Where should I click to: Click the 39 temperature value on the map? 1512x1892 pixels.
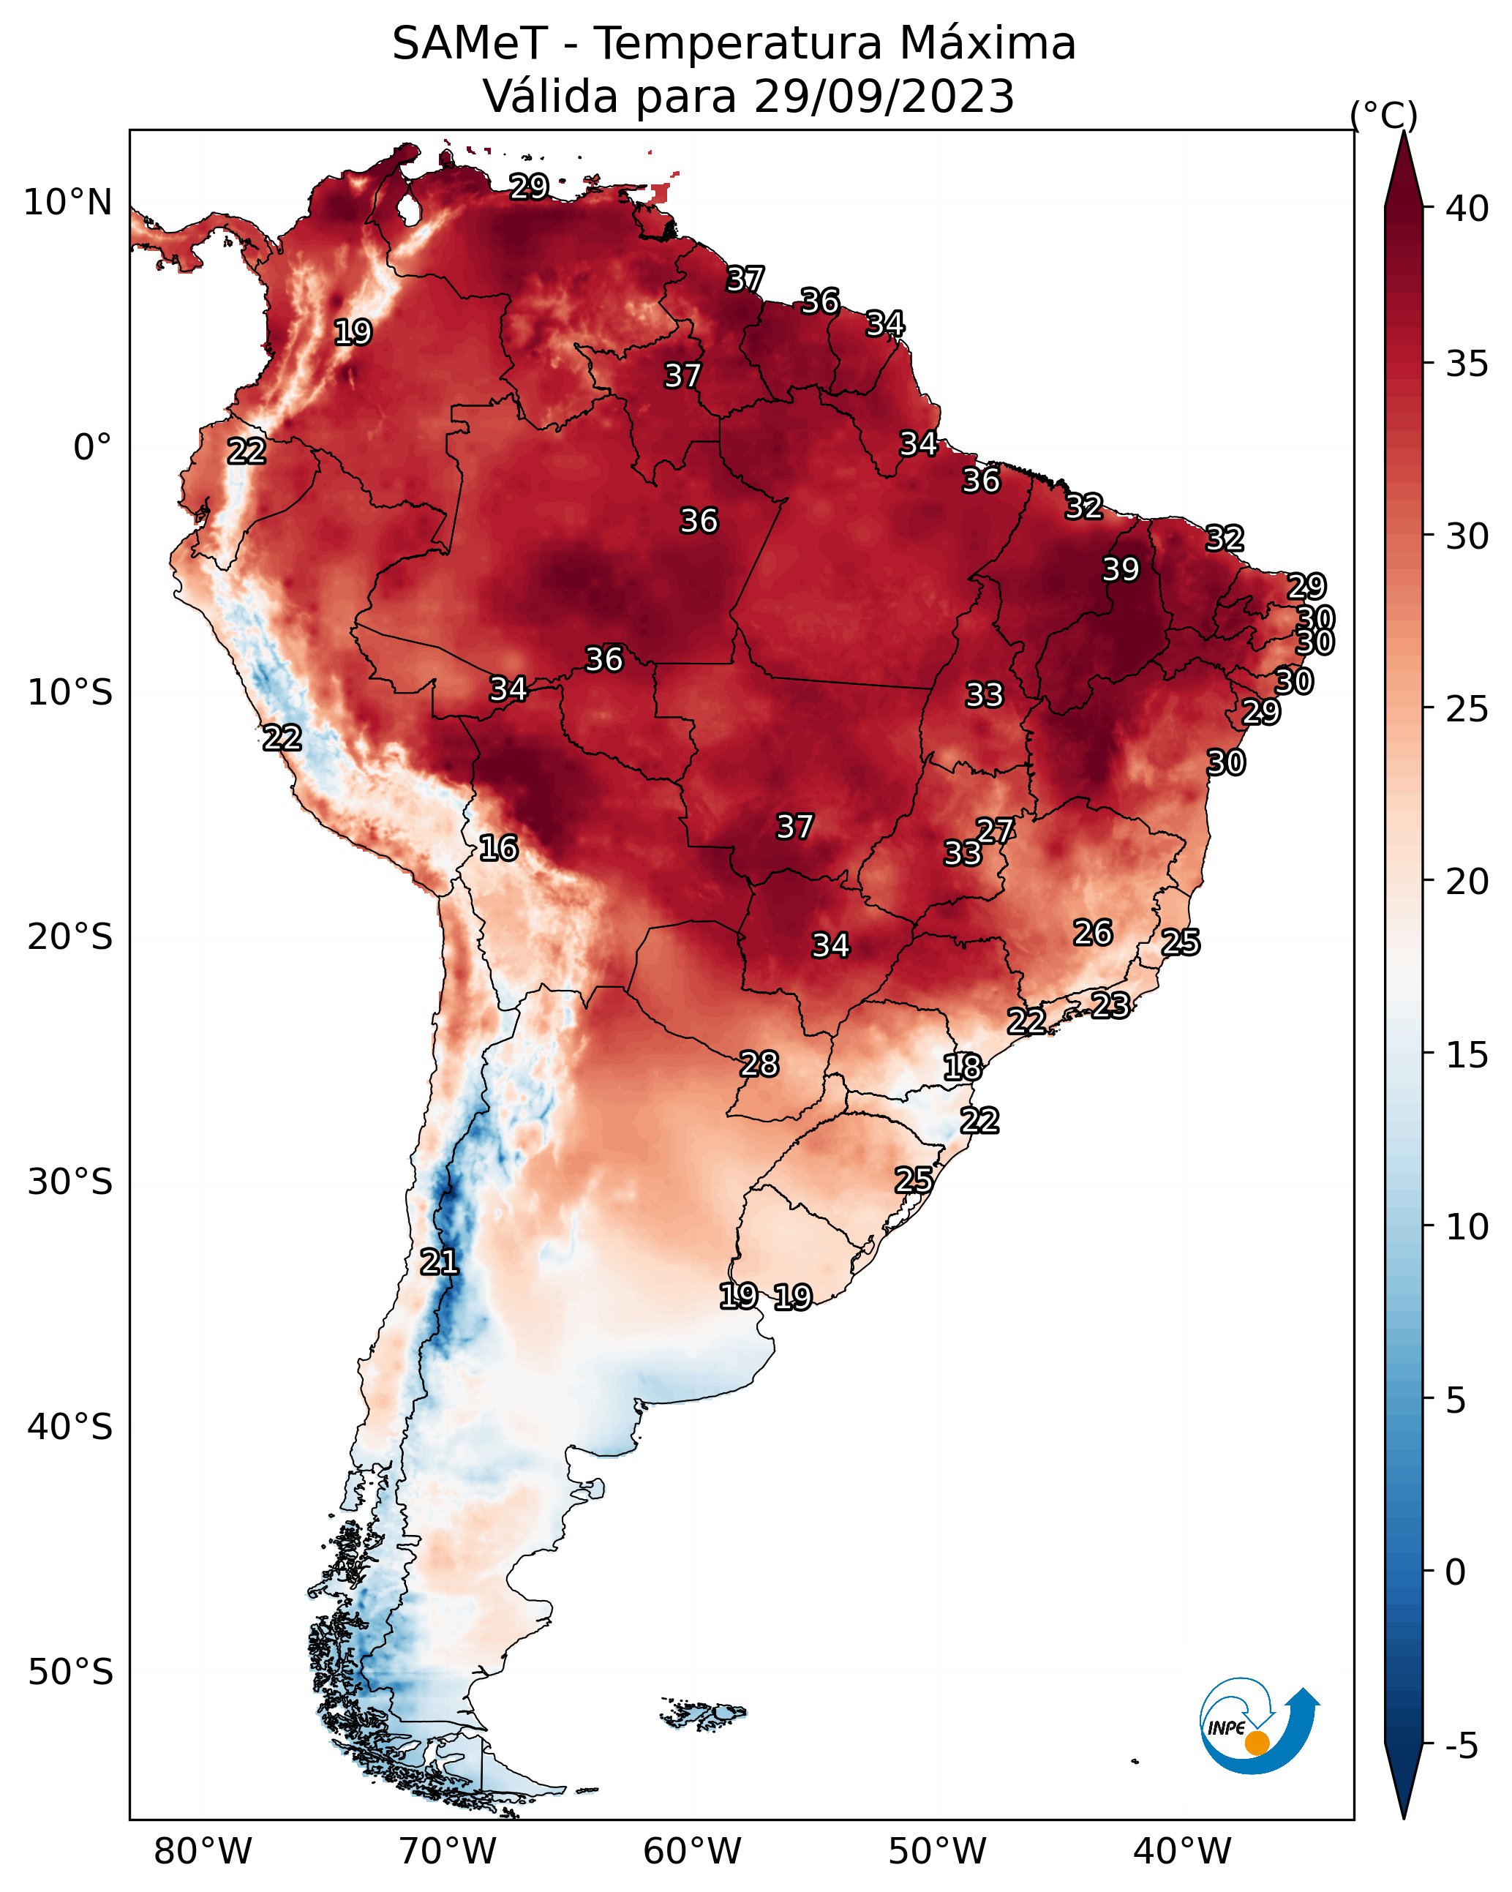point(1121,569)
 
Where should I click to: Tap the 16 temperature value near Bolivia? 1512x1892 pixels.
point(498,848)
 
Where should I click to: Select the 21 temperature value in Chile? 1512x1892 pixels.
point(439,1262)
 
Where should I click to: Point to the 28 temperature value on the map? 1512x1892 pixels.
point(759,1064)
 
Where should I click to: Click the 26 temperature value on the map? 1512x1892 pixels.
point(1093,932)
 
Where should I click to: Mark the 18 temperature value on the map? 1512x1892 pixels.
point(963,1067)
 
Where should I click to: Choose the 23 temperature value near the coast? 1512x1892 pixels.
point(1110,1005)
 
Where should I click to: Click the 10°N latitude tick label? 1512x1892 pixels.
point(67,203)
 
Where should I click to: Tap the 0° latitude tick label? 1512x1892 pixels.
point(92,448)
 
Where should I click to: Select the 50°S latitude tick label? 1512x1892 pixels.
point(70,1673)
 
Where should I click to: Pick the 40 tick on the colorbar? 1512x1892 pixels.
point(1467,209)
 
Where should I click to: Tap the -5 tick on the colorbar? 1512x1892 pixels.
point(1461,1746)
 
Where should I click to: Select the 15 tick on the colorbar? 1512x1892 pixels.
point(1467,1054)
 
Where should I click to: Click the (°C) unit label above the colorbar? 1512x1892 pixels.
point(1383,115)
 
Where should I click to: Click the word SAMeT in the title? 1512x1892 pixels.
point(470,43)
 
